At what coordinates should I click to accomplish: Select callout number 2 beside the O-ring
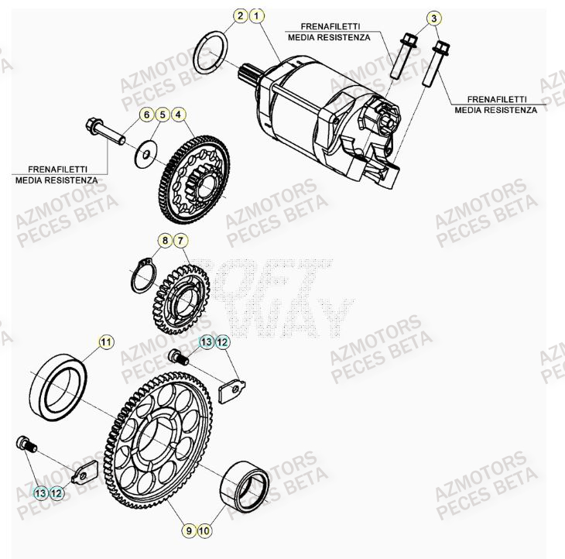tap(241, 15)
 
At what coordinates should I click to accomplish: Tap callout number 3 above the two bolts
tap(433, 18)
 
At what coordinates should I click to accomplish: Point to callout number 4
tap(179, 115)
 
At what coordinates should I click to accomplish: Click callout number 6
tap(145, 115)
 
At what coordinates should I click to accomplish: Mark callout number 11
tap(106, 341)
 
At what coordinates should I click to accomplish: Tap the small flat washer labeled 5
tap(144, 156)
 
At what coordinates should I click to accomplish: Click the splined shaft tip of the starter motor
tap(250, 74)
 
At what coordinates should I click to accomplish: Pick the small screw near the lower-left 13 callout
tap(26, 444)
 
